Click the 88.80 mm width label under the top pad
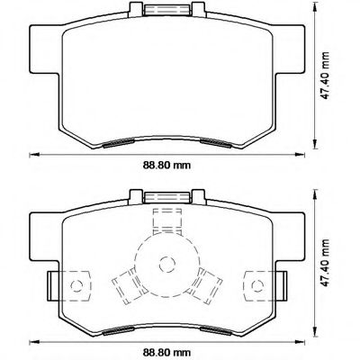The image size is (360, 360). [166, 165]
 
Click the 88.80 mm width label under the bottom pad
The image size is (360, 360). [166, 352]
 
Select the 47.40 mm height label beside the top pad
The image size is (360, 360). [325, 76]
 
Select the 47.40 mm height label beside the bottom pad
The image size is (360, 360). [325, 263]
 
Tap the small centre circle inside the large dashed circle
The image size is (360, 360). [167, 265]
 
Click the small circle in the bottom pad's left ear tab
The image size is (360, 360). [76, 285]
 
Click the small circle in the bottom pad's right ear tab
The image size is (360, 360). [257, 285]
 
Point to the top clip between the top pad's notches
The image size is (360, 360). [167, 10]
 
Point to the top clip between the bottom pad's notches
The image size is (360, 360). [167, 198]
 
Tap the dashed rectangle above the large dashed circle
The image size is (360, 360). [167, 222]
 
